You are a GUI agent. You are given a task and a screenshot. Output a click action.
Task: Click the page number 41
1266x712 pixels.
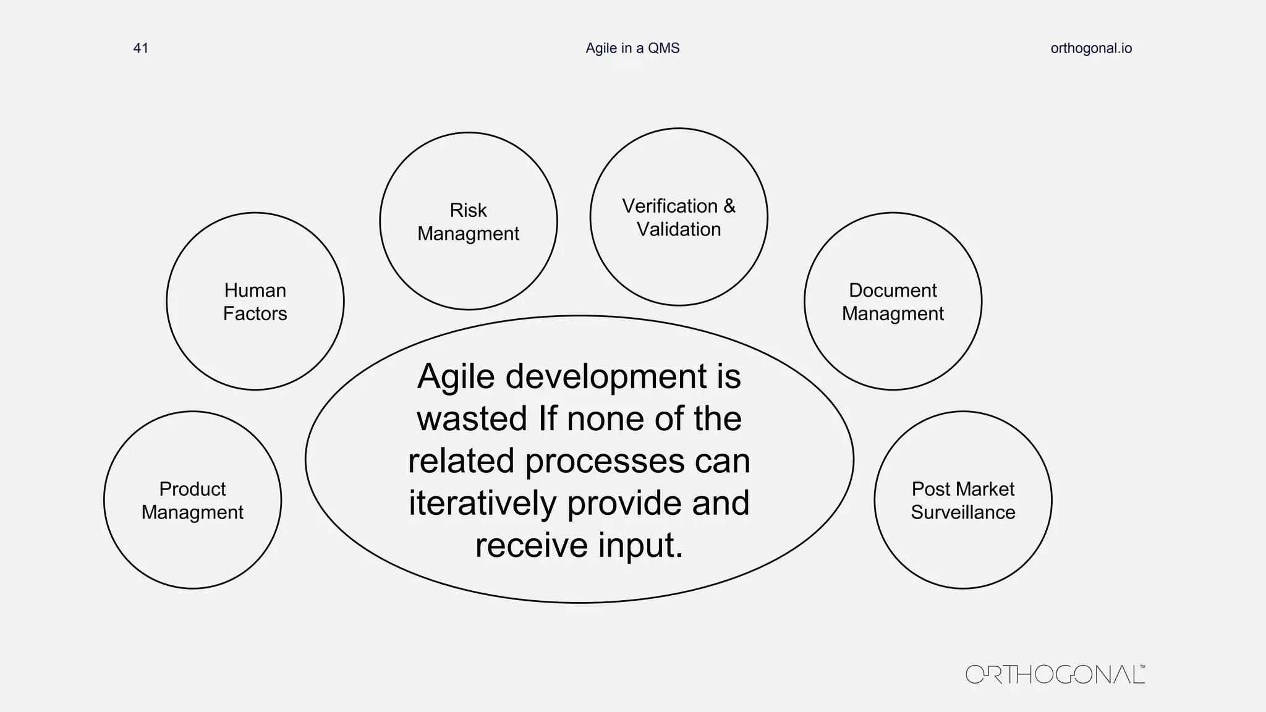tap(141, 48)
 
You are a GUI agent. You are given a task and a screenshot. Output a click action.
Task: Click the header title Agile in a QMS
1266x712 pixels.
tap(632, 48)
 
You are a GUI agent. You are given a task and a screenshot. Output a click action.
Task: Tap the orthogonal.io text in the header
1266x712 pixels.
tap(1091, 48)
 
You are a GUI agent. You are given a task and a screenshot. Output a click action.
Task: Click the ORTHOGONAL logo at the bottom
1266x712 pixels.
tap(1055, 674)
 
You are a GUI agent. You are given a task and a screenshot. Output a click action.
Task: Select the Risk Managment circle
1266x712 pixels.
tap(468, 266)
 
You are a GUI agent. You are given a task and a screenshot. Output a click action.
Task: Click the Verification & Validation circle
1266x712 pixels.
tap(679, 266)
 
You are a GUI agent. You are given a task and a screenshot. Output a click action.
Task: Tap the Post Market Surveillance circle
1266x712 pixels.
tap(962, 544)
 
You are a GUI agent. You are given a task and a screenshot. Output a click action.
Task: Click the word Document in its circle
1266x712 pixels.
tap(893, 290)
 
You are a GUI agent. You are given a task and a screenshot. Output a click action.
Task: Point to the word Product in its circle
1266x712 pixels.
tap(192, 489)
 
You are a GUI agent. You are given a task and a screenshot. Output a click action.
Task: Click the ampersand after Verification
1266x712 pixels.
tap(729, 206)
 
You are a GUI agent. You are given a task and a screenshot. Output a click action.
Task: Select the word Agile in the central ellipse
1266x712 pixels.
tap(456, 376)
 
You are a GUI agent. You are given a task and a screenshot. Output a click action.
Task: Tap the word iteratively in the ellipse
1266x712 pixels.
tap(482, 503)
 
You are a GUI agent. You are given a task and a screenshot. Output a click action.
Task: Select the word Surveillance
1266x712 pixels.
tap(962, 512)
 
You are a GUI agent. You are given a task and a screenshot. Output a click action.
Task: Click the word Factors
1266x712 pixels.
tap(255, 314)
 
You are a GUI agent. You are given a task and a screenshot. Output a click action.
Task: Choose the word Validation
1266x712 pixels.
tap(679, 229)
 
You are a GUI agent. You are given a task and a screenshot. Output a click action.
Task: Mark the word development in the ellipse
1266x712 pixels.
tap(606, 376)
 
